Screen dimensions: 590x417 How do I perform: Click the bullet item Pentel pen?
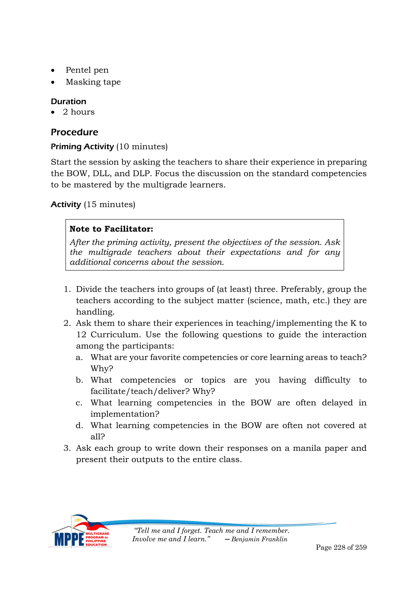[x=87, y=70]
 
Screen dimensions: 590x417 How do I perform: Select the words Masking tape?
[x=93, y=82]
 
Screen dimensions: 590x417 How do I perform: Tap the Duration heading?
[x=68, y=101]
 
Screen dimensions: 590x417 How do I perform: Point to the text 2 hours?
[x=79, y=112]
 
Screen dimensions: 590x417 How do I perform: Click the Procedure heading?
[x=74, y=132]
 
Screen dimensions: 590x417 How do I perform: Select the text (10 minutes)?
[x=142, y=146]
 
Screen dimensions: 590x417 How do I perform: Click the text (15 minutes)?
[x=110, y=204]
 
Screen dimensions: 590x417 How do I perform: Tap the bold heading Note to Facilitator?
[x=111, y=229]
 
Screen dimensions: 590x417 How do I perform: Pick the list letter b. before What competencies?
[x=79, y=380]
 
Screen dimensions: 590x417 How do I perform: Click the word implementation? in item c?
[x=125, y=414]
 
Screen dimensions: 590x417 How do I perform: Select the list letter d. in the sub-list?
[x=79, y=425]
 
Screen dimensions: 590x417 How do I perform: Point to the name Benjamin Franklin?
[x=259, y=539]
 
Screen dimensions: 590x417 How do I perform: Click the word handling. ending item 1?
[x=95, y=312]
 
